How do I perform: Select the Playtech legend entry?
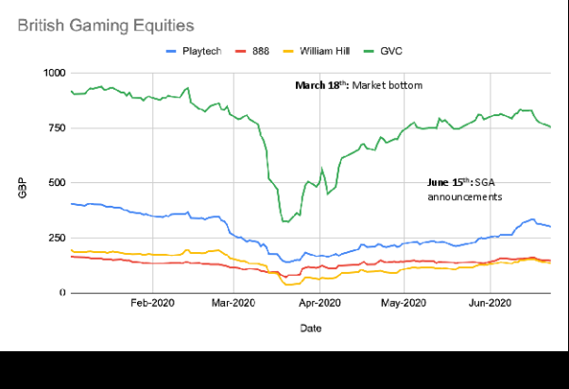click(x=195, y=51)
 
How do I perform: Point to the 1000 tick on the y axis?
click(x=54, y=73)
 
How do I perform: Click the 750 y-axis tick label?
click(x=57, y=128)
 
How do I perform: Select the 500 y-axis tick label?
click(x=57, y=183)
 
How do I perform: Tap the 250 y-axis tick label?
click(x=57, y=238)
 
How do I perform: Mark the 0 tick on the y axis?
click(x=62, y=293)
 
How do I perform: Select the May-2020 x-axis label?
click(x=404, y=303)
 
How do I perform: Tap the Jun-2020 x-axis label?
click(x=490, y=303)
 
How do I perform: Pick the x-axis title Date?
click(x=311, y=328)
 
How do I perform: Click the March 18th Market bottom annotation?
click(x=358, y=85)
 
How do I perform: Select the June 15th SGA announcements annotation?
click(x=464, y=188)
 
